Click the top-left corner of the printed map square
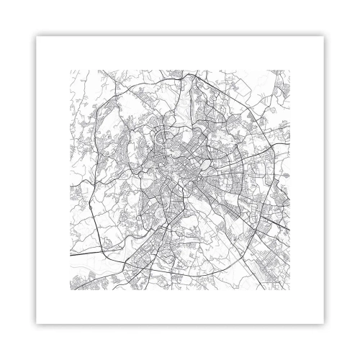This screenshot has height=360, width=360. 70,70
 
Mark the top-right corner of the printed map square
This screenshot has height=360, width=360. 289,70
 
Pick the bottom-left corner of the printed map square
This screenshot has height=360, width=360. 70,289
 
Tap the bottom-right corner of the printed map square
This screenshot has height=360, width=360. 289,289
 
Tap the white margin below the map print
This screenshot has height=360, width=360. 180,310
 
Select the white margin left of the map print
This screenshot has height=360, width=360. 50,180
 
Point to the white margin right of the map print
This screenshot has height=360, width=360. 309,180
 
